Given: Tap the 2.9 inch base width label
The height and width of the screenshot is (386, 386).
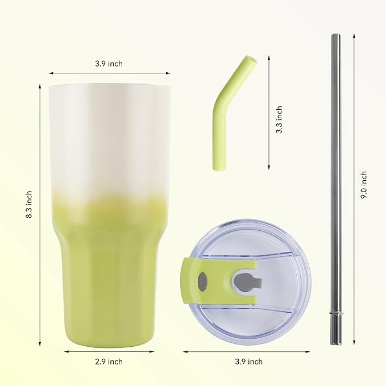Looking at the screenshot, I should [x=109, y=362].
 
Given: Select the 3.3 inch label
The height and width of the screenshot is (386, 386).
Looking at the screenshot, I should [x=279, y=120].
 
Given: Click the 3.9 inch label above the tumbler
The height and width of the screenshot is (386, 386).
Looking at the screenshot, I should [x=109, y=64].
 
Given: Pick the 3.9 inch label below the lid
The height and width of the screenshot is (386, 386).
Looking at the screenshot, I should [x=248, y=362].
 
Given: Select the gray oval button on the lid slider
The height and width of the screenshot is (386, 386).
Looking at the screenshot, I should [x=202, y=281].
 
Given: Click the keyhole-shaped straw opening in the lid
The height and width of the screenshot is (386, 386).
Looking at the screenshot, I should [x=243, y=281].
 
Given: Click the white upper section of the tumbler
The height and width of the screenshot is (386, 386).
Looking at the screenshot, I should [x=109, y=136].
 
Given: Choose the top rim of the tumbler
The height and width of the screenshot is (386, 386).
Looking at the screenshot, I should [x=109, y=86].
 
